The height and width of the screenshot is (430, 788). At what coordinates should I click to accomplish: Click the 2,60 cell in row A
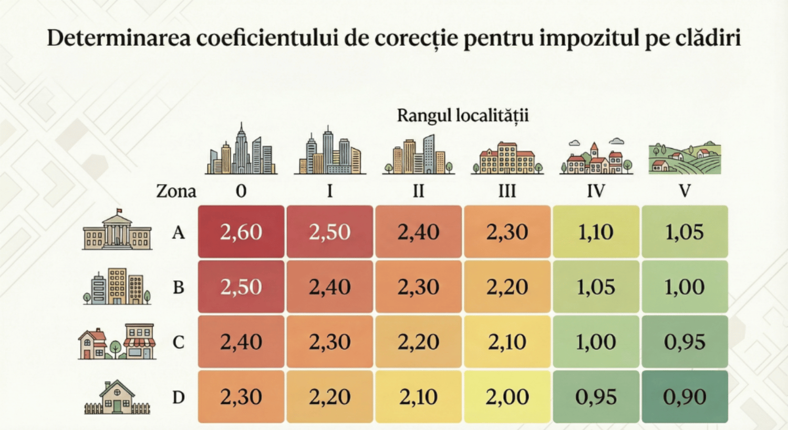click(x=241, y=232)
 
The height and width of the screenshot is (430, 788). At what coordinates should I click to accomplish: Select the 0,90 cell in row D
click(x=685, y=397)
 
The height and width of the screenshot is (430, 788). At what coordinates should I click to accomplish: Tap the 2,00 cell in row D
click(x=507, y=397)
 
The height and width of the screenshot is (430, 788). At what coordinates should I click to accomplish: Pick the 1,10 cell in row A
click(x=596, y=232)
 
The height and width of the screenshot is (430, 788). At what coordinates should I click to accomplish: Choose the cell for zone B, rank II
click(x=418, y=287)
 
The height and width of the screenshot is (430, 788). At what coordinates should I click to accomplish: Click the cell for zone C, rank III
click(x=507, y=342)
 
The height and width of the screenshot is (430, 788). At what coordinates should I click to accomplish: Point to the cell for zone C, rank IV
click(x=596, y=342)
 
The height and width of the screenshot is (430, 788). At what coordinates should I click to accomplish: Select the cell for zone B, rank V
click(x=685, y=287)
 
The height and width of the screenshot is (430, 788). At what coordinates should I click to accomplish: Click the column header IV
click(x=596, y=191)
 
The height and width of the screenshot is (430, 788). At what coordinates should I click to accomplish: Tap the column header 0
click(x=241, y=191)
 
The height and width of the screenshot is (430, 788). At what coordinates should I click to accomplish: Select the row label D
click(x=179, y=397)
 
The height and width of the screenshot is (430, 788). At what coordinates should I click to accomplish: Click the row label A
click(x=179, y=232)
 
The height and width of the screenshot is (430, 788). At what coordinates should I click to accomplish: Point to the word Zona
click(x=176, y=191)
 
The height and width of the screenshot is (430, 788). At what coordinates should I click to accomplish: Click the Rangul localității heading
click(x=462, y=116)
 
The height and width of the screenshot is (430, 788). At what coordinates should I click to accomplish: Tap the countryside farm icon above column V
click(x=685, y=158)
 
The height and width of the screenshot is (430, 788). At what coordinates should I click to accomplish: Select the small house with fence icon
click(x=117, y=398)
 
